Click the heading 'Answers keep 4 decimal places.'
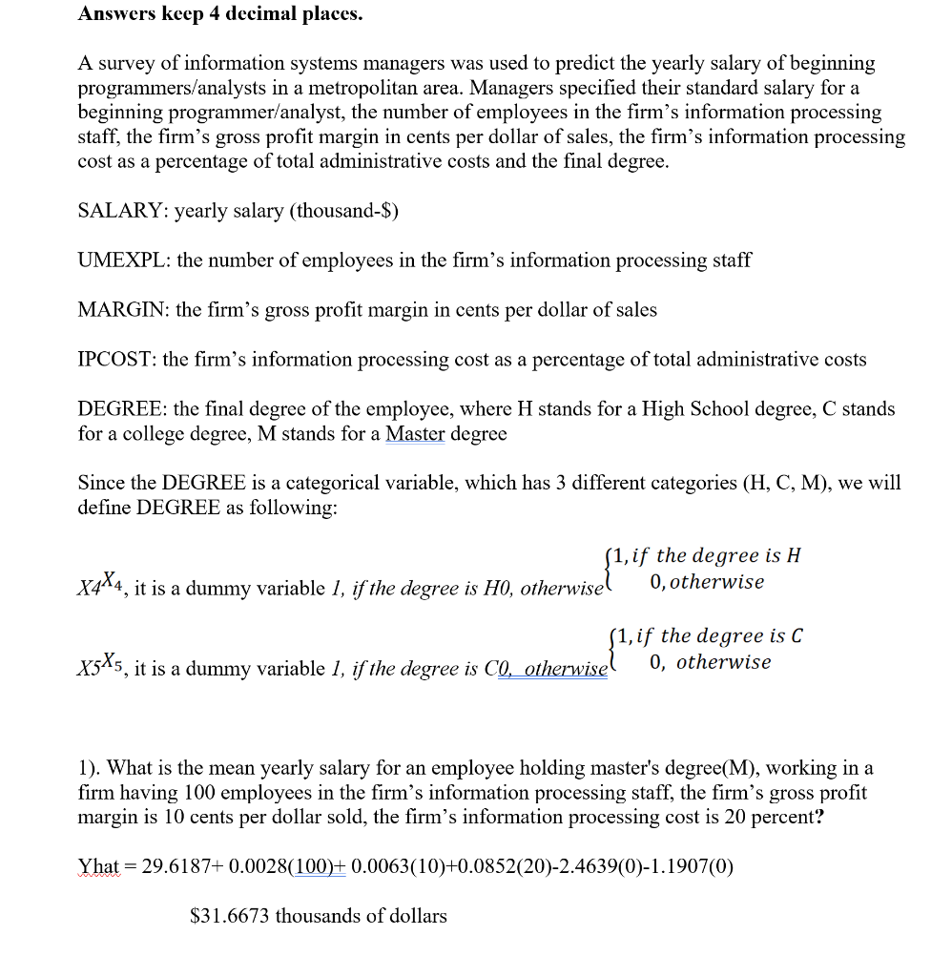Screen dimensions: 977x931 point(219,14)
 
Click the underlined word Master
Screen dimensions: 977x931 point(415,434)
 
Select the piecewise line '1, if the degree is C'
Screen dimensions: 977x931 point(708,636)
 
